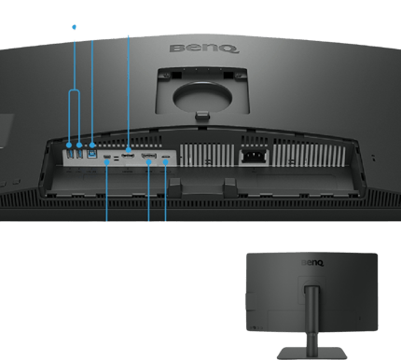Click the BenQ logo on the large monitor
click(204, 48)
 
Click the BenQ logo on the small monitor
click(312, 263)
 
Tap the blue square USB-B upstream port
click(92, 153)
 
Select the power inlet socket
click(255, 157)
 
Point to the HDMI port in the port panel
click(128, 156)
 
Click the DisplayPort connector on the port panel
click(149, 156)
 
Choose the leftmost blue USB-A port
click(70, 153)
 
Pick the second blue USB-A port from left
click(80, 153)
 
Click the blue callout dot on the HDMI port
click(129, 150)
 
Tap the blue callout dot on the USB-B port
click(92, 145)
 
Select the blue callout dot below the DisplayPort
click(149, 162)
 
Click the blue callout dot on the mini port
click(107, 162)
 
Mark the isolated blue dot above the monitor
click(74, 27)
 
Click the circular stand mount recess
click(202, 97)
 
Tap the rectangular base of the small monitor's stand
click(311, 353)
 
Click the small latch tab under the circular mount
click(202, 116)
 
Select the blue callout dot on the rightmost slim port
click(165, 162)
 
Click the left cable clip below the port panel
click(174, 187)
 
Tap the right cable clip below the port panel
click(230, 187)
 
